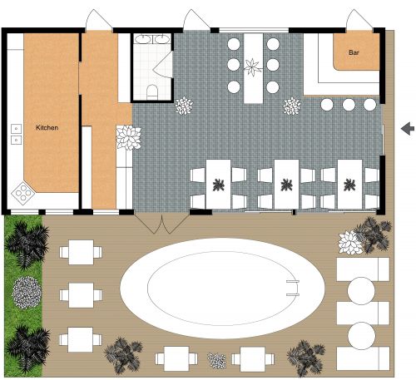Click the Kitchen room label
tap(47, 128)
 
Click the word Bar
tap(354, 53)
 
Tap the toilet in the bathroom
tap(152, 90)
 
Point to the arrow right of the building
tap(407, 128)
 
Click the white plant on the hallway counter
tap(127, 136)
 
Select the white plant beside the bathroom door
tap(184, 106)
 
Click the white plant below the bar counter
tap(292, 106)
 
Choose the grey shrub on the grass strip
tap(27, 290)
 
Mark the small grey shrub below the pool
tap(216, 361)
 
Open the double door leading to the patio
tap(161, 221)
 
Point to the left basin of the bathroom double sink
tap(141, 38)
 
